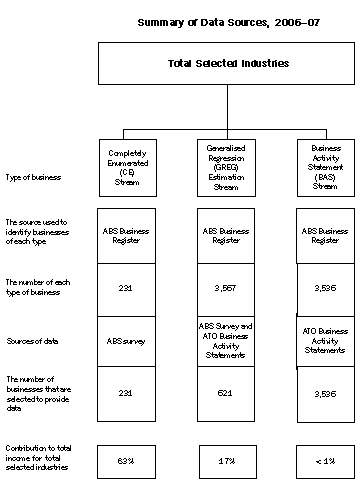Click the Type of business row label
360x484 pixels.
[33, 176]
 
